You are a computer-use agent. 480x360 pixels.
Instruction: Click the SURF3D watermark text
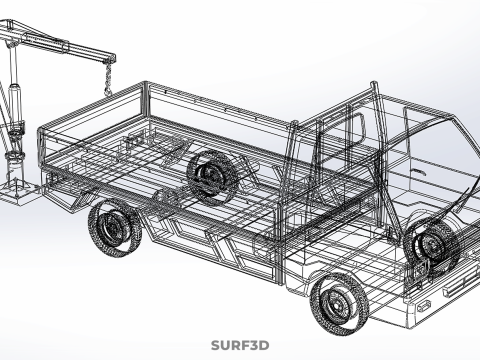[240, 345]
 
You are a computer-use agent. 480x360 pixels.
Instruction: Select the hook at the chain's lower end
[107, 92]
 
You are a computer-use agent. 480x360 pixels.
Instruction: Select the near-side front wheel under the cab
[338, 301]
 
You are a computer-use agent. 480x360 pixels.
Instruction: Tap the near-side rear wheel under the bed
[114, 229]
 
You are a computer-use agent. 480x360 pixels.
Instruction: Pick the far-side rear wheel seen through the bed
[212, 176]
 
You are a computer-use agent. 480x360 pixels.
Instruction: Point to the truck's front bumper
[440, 290]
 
